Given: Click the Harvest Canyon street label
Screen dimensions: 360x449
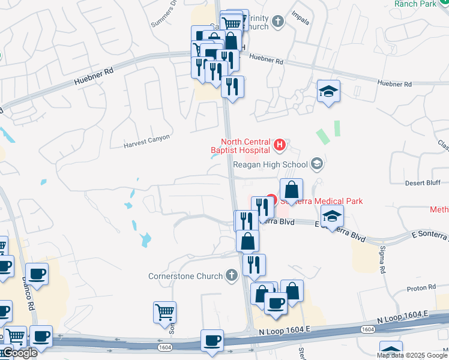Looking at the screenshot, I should (x=147, y=141).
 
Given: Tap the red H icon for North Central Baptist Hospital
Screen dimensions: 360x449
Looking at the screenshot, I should (x=279, y=145).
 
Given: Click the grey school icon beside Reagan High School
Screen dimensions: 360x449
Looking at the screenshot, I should (x=317, y=164).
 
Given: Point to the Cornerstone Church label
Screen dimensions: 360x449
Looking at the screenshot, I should (x=185, y=276).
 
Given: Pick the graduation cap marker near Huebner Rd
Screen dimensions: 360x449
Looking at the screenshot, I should (x=328, y=92).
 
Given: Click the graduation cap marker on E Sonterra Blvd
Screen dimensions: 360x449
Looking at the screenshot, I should (x=332, y=217).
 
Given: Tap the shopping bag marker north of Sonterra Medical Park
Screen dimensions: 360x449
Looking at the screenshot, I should (x=291, y=190).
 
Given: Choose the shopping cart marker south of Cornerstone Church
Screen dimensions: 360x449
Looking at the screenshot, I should (x=164, y=313).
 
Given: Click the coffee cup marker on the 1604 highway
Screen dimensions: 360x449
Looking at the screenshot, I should (x=212, y=341).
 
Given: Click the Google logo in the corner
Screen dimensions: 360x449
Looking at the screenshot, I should (x=19, y=353).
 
